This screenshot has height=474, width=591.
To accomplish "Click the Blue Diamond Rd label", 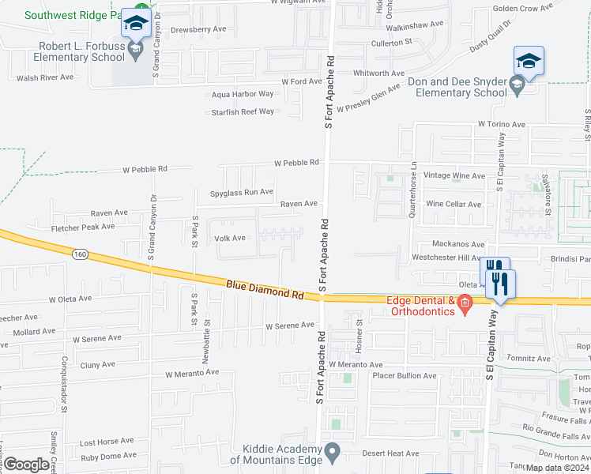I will point(265,289).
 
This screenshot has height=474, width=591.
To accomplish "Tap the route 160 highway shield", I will point(78,254).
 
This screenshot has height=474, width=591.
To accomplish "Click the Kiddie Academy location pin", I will point(333,453).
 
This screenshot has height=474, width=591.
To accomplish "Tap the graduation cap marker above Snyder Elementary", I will point(529,61).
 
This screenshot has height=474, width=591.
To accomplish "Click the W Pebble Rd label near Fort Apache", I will point(296,163).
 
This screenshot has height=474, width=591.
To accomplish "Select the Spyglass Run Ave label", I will point(242,192).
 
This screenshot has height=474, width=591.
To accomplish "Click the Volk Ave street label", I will point(230,238).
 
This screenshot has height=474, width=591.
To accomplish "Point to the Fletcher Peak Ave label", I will point(83,227).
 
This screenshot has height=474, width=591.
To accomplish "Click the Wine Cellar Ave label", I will point(454,204).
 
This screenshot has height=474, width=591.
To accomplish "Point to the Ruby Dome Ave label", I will point(108,456).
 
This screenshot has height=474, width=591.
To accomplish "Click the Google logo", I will point(26,464).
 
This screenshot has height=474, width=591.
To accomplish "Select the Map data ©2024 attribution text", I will point(557,468).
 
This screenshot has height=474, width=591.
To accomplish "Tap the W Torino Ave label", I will point(501,125).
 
